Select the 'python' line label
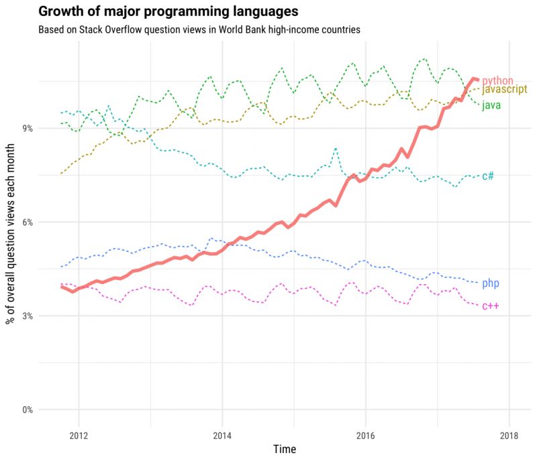point(498,80)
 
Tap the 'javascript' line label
point(505,90)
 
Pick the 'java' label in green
point(491,105)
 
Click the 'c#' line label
point(488,176)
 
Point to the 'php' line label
point(490,283)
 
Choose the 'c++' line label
point(490,306)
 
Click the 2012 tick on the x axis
point(79,432)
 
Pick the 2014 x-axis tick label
point(222,432)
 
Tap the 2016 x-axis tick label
point(365,432)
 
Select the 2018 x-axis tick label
point(508,432)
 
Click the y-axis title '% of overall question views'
point(11,228)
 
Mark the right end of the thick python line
point(477,80)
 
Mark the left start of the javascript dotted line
point(61,174)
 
